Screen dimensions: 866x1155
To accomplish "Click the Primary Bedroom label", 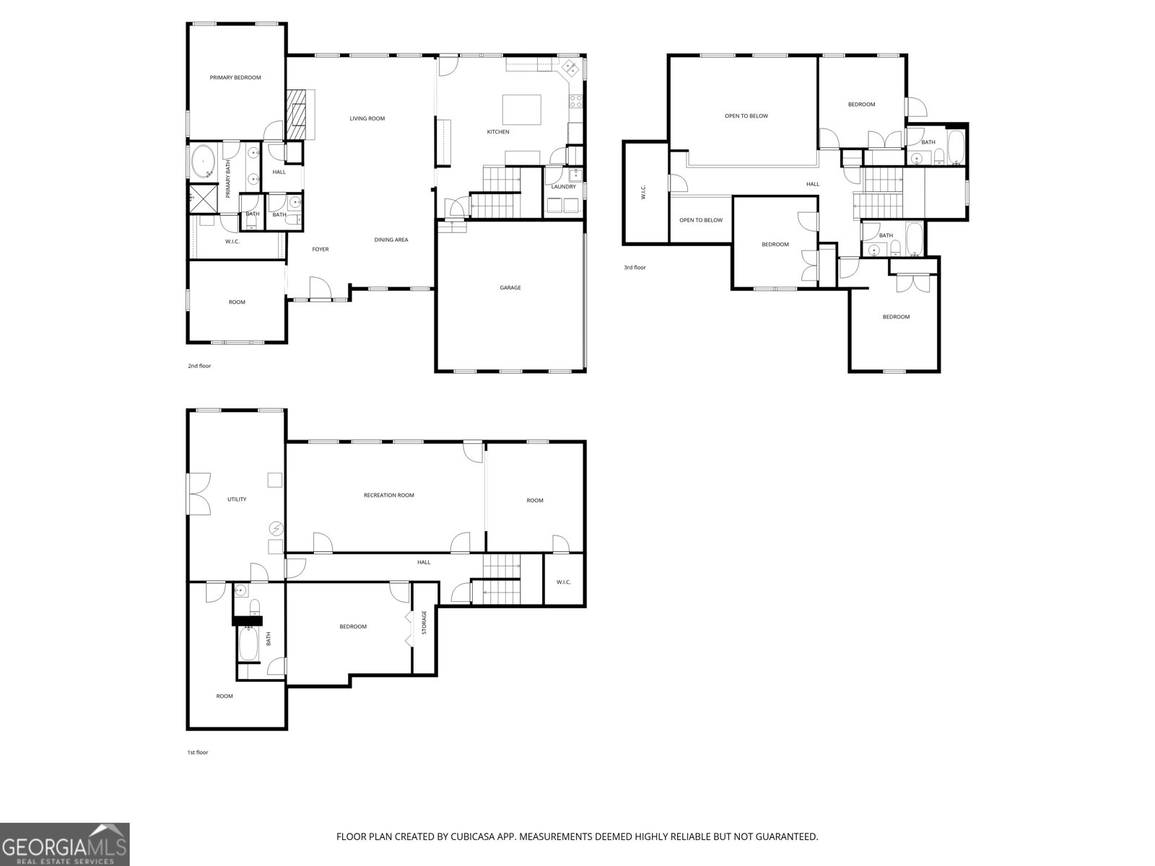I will pyautogui.click(x=235, y=77).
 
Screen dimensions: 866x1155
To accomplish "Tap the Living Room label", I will pyautogui.click(x=367, y=118).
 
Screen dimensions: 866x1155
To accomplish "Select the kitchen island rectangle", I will pyautogui.click(x=521, y=110).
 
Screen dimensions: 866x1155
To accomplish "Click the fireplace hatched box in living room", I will pyautogui.click(x=297, y=115).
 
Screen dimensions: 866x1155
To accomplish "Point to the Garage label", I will pyautogui.click(x=510, y=288).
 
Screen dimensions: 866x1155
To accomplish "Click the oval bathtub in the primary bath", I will pyautogui.click(x=204, y=161).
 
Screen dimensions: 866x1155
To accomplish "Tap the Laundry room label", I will pyautogui.click(x=564, y=187).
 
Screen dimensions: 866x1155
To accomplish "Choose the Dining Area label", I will pyautogui.click(x=391, y=240).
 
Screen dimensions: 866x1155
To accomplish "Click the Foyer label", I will pyautogui.click(x=321, y=250).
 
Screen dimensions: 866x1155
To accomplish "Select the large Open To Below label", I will pyautogui.click(x=746, y=115).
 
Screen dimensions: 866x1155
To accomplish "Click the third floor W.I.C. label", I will pyautogui.click(x=643, y=192).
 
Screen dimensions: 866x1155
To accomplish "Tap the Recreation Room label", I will pyautogui.click(x=389, y=495).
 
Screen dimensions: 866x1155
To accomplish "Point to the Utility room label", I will pyautogui.click(x=237, y=499).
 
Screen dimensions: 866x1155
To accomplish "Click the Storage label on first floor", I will pyautogui.click(x=424, y=622).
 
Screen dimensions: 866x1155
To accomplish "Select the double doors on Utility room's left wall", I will pyautogui.click(x=197, y=493).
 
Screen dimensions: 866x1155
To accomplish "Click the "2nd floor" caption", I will pyautogui.click(x=199, y=366).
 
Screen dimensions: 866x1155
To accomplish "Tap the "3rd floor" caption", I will pyautogui.click(x=635, y=268).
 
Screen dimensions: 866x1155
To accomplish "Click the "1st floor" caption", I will pyautogui.click(x=198, y=753).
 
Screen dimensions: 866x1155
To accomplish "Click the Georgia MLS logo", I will pyautogui.click(x=65, y=844).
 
